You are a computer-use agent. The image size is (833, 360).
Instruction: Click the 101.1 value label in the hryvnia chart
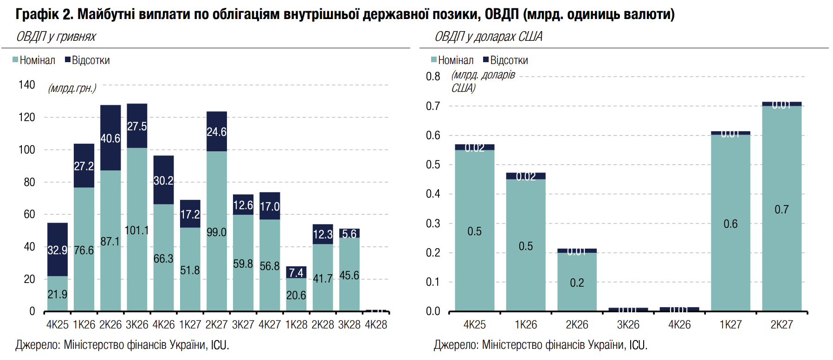(137, 231)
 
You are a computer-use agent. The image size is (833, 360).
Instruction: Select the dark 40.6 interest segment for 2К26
(110, 138)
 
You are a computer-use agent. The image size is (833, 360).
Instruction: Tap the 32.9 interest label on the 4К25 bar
(57, 251)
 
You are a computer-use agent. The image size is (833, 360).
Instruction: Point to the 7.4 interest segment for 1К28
(296, 272)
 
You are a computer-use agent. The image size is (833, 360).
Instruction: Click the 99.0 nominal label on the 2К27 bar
(216, 232)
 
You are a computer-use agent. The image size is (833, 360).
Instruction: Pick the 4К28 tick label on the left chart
(376, 325)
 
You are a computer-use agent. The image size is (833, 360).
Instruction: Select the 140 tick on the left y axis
(27, 85)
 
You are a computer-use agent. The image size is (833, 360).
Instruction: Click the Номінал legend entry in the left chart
(34, 60)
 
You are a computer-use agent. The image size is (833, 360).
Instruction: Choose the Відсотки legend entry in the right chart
(505, 60)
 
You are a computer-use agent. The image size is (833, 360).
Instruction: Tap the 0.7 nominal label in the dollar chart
(781, 210)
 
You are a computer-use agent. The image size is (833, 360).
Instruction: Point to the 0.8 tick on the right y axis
(433, 77)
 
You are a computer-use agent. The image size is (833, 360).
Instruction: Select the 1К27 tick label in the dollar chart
(730, 325)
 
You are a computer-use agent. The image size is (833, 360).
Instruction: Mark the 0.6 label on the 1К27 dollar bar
(730, 224)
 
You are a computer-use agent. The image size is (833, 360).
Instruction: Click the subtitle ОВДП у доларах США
(488, 37)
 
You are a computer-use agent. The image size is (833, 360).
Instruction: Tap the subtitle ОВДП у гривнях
(56, 37)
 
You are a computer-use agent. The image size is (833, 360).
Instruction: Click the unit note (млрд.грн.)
(72, 88)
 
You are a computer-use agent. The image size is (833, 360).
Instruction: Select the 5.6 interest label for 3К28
(349, 234)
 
